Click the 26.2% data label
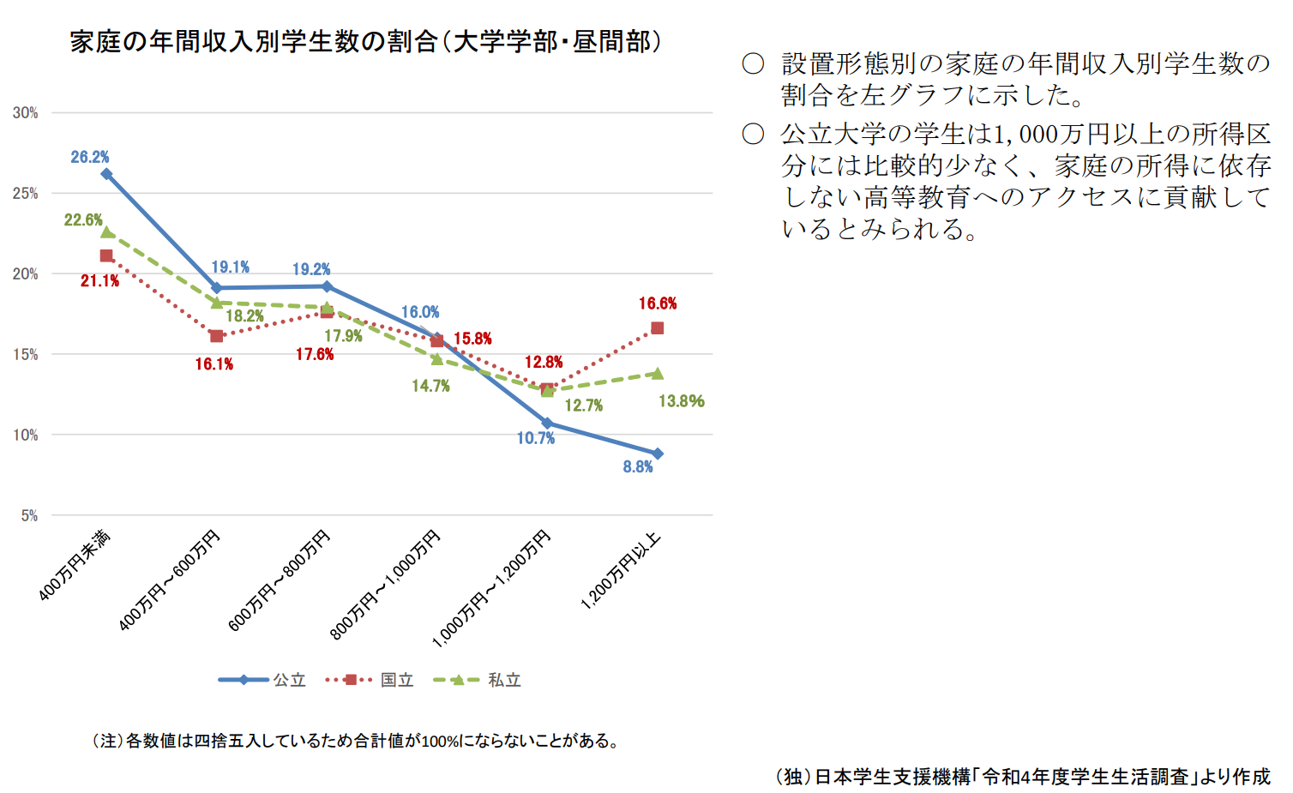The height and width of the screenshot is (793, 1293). [x=90, y=157]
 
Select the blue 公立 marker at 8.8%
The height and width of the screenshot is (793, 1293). [x=658, y=454]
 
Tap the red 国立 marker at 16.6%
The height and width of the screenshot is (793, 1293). [x=658, y=328]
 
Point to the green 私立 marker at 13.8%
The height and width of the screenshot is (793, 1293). [x=658, y=373]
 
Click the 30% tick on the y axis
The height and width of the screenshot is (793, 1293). [x=26, y=113]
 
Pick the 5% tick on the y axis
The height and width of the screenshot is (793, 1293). [x=29, y=516]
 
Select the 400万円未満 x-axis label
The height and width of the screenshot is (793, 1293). [x=75, y=566]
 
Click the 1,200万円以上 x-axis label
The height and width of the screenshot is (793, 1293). [x=621, y=570]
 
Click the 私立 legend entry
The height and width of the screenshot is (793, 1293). [x=478, y=680]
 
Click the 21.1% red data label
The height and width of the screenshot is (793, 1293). [x=99, y=281]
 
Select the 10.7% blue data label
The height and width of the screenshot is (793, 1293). [x=536, y=438]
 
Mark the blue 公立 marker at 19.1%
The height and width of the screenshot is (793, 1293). [x=216, y=288]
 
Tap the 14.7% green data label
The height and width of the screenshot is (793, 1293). [x=430, y=386]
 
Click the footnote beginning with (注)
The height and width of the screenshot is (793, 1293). [x=356, y=741]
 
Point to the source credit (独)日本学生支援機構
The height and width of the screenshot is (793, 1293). [x=1023, y=776]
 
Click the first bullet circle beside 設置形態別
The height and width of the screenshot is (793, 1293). [x=753, y=64]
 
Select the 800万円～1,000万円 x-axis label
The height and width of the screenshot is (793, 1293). [x=386, y=585]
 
